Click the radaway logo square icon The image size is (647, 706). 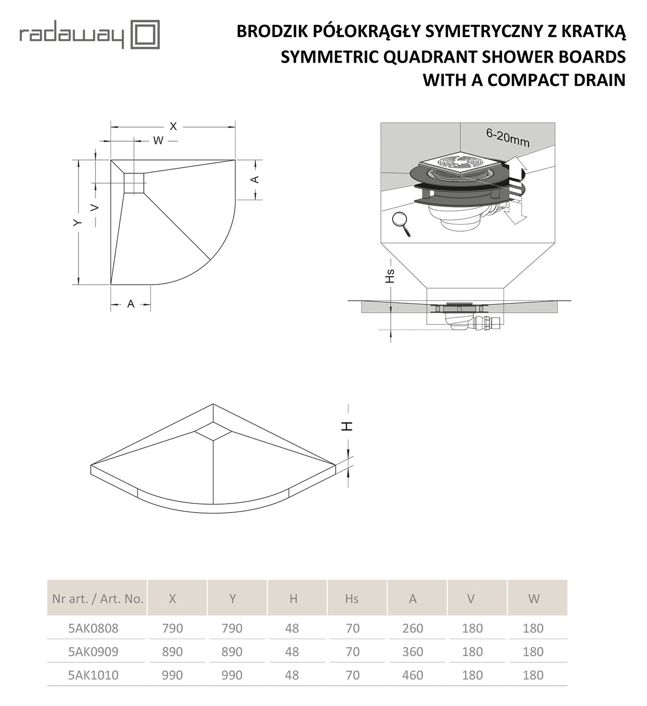click(x=144, y=34)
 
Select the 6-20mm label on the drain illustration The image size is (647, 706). click(x=507, y=137)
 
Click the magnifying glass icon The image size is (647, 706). click(x=401, y=224)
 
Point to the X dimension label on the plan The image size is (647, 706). click(x=173, y=126)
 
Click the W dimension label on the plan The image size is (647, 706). click(x=158, y=140)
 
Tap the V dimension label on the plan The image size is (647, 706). click(x=95, y=208)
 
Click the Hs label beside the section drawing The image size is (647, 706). click(x=390, y=276)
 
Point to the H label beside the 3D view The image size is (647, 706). click(x=347, y=426)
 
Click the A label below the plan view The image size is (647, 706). click(x=131, y=304)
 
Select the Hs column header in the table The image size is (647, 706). click(x=352, y=598)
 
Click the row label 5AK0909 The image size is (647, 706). click(x=94, y=651)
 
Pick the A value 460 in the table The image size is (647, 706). click(x=412, y=675)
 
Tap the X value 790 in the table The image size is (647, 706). click(x=172, y=628)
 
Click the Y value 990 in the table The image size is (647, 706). click(x=232, y=675)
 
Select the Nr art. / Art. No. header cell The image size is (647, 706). click(x=98, y=598)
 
